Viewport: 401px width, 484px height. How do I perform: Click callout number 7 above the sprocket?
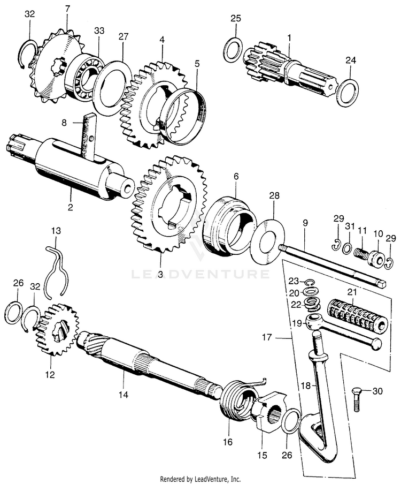pos(67,9)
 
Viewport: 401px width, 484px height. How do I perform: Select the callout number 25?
pos(236,19)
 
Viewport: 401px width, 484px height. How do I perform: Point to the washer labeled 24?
pos(349,92)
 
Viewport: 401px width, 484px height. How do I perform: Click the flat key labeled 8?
pos(87,137)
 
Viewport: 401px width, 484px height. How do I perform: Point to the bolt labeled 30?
pos(358,399)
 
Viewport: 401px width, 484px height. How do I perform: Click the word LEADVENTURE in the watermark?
pos(200,274)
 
